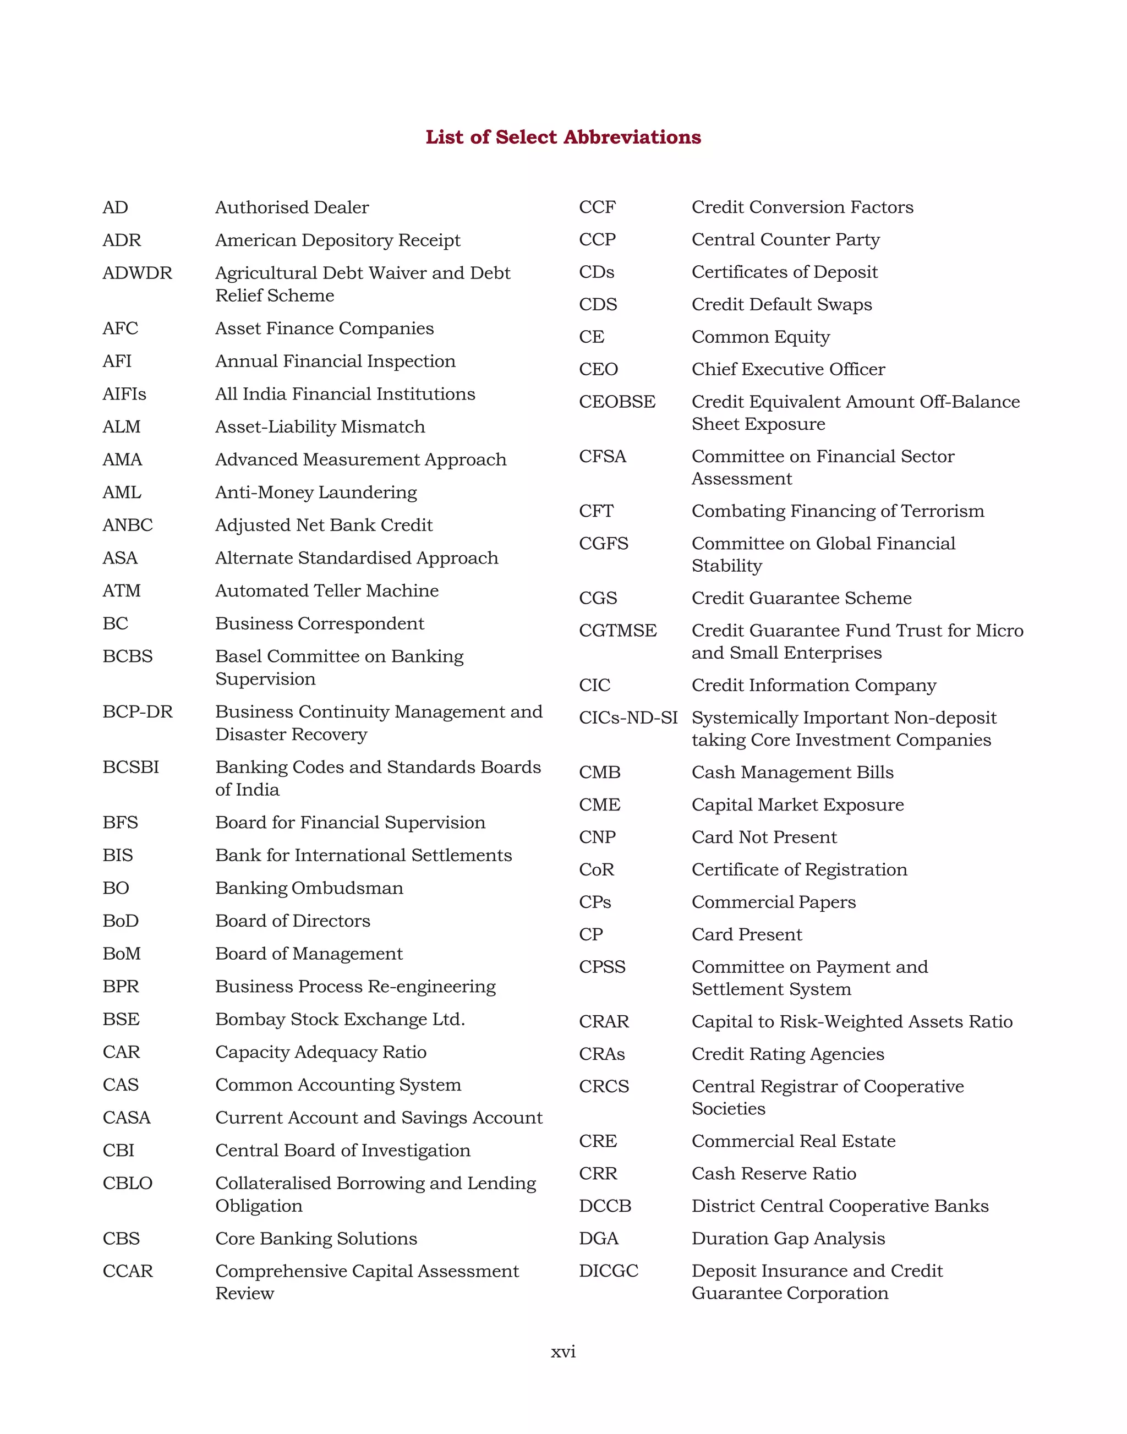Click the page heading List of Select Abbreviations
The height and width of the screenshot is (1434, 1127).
[563, 137]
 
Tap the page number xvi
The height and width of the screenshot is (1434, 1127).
[563, 1351]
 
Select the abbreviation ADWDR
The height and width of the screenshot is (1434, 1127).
[137, 273]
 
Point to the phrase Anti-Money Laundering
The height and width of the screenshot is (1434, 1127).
[316, 492]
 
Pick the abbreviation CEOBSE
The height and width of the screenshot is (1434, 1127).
[617, 402]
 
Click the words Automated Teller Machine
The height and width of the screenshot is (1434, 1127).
[327, 590]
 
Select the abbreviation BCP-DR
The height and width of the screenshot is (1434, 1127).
[137, 712]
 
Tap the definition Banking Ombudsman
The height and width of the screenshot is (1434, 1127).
[309, 888]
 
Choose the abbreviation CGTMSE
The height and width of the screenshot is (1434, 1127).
[617, 631]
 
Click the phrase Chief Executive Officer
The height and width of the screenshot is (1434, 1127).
[788, 370]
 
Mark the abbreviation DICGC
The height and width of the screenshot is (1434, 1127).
[609, 1271]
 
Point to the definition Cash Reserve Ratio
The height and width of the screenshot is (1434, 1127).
[773, 1173]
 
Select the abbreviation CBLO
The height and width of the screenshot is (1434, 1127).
[127, 1183]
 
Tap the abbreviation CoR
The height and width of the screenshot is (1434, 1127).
[597, 870]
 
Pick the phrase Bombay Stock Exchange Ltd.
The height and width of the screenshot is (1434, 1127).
[340, 1020]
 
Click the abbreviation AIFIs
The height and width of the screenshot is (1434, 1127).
[124, 394]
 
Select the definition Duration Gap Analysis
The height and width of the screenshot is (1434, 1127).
[788, 1239]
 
